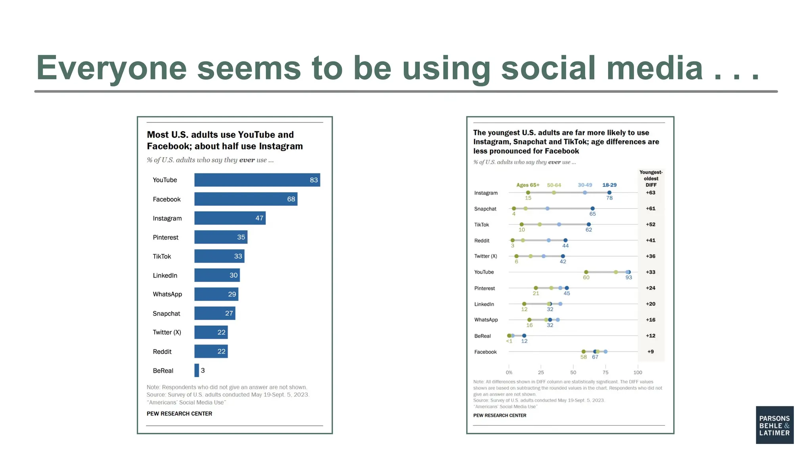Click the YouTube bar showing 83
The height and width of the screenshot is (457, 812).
[x=257, y=180]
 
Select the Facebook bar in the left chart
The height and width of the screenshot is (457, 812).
[x=246, y=199]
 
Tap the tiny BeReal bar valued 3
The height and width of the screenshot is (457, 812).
[x=197, y=370]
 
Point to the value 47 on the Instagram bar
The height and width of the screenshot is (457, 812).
[x=259, y=218]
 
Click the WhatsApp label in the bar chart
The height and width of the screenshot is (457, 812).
[x=167, y=294]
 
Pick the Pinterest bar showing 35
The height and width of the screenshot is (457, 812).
[x=221, y=237]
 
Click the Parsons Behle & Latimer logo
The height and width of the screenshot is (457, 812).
[x=774, y=425]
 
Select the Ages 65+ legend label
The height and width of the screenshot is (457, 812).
[x=528, y=185]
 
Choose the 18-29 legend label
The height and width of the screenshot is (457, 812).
[x=609, y=185]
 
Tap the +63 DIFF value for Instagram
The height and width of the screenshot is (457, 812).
[x=650, y=192]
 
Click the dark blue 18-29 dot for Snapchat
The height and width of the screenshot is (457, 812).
[x=592, y=208]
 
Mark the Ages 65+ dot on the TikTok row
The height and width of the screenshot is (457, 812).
[x=521, y=224]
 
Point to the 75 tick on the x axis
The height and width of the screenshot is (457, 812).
[x=605, y=372]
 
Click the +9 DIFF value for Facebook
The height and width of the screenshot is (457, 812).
[x=650, y=351]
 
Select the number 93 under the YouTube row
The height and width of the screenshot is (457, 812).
[x=628, y=277]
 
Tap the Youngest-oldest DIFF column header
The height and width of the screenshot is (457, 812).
[x=651, y=178]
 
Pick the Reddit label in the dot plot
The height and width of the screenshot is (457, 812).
[x=482, y=240]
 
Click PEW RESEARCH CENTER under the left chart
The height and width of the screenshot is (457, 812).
[x=179, y=413]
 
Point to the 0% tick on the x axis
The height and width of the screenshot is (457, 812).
[x=509, y=372]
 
